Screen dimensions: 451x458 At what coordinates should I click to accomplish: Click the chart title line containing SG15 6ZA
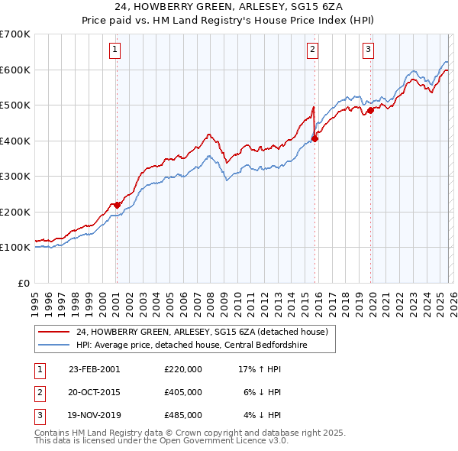point(228,8)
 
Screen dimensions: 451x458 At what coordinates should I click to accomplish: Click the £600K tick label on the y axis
point(15,70)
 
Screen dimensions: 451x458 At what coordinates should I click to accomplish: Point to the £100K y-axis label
point(15,248)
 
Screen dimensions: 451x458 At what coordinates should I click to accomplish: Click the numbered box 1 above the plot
point(114,50)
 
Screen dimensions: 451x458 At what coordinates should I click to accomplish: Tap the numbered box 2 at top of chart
point(313,50)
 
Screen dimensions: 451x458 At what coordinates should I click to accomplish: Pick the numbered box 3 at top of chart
point(368,50)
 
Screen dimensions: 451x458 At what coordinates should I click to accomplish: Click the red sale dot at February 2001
point(117,205)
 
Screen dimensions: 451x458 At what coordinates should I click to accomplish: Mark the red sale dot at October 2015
point(314,138)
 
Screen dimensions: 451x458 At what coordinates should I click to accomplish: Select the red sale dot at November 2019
point(370,110)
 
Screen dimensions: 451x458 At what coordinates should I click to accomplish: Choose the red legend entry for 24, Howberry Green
point(202,332)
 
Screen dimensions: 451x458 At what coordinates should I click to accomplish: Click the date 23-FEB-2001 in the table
point(95,368)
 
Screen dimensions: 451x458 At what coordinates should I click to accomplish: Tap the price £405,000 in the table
point(183,392)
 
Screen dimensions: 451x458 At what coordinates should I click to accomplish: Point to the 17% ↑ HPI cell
point(260,368)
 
